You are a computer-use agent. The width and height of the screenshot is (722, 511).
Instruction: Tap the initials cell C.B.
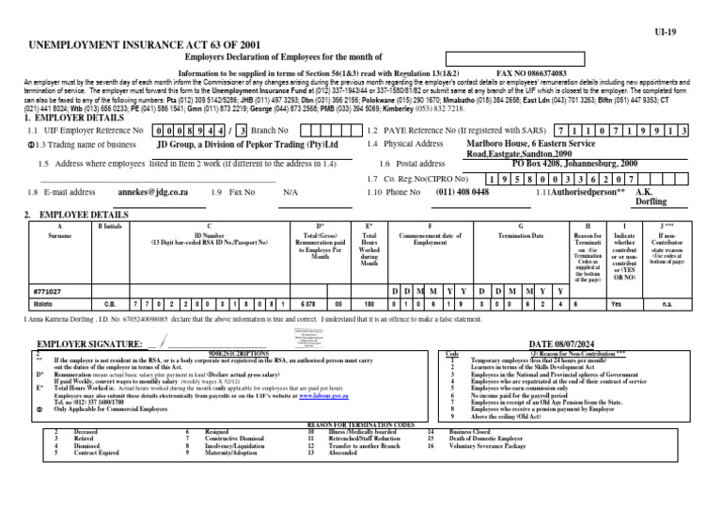pos(109,305)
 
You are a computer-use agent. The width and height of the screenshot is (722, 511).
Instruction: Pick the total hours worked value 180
pos(369,305)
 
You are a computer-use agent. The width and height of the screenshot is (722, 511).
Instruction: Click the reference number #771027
pos(47,291)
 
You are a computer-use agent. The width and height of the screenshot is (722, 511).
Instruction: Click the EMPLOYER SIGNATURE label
pos(89,345)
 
